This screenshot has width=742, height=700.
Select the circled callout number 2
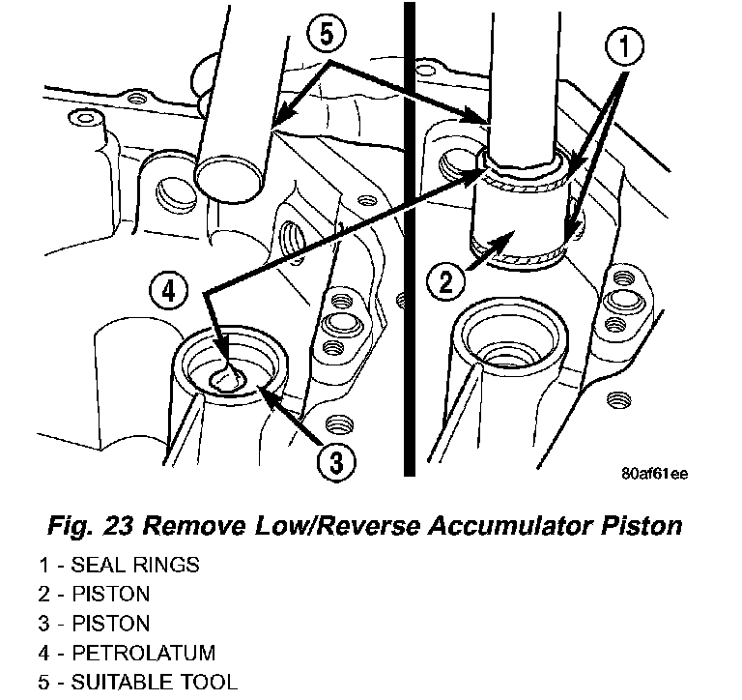coord(446,283)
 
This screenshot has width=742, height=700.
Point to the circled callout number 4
coord(170,291)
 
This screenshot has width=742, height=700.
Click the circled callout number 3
coord(333,464)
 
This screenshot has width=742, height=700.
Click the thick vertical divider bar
coord(410,242)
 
